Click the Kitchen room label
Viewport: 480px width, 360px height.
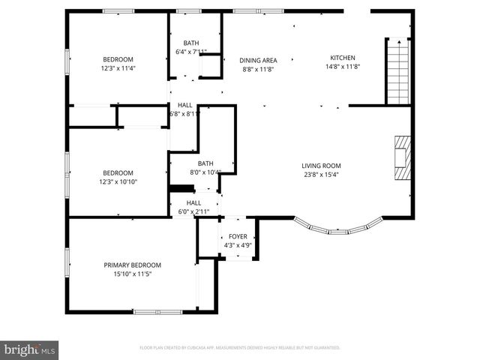343,58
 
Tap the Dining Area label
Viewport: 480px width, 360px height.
258,60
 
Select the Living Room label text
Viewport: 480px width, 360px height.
321,166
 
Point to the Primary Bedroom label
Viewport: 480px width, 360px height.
132,265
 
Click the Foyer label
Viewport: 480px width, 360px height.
237,236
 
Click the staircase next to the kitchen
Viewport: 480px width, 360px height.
397,72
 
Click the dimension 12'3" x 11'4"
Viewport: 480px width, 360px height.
118,68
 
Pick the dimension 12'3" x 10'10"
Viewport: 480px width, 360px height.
119,181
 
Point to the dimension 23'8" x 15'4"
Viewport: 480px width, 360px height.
321,175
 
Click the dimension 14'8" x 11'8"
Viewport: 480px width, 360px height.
343,67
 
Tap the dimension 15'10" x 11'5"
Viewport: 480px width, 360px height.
132,274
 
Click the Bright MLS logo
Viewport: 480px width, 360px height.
29,349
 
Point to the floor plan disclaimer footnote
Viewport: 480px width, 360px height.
239,348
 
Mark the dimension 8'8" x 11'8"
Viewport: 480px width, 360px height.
258,69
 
